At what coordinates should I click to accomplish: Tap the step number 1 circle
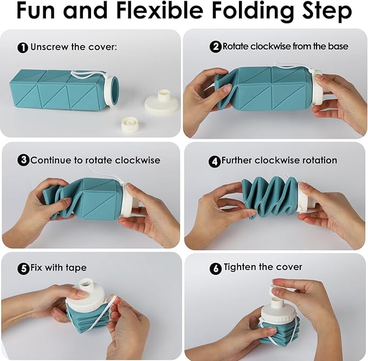pyautogui.click(x=23, y=47)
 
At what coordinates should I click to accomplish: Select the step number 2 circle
pyautogui.click(x=215, y=47)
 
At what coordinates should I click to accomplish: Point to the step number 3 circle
pyautogui.click(x=23, y=160)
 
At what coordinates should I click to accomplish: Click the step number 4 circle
pyautogui.click(x=214, y=162)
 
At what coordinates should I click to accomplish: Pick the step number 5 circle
pyautogui.click(x=23, y=268)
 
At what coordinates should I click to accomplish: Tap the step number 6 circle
pyautogui.click(x=216, y=268)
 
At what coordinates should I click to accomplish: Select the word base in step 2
pyautogui.click(x=338, y=46)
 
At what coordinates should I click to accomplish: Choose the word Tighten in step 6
pyautogui.click(x=240, y=267)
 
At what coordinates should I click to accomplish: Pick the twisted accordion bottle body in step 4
pyautogui.click(x=270, y=197)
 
